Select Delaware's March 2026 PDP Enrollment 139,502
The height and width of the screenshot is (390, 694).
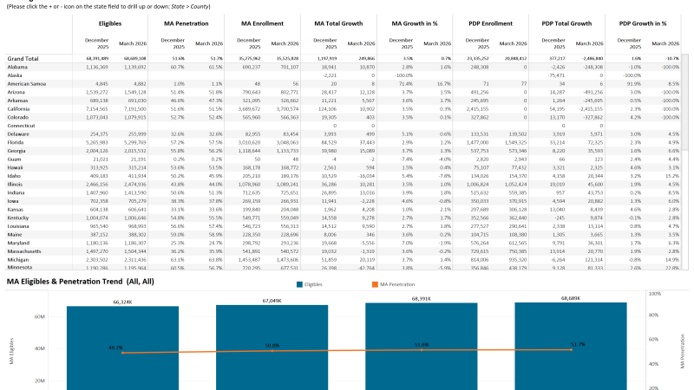pyautogui.click(x=515, y=133)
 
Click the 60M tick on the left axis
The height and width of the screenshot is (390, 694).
pyautogui.click(x=39, y=317)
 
